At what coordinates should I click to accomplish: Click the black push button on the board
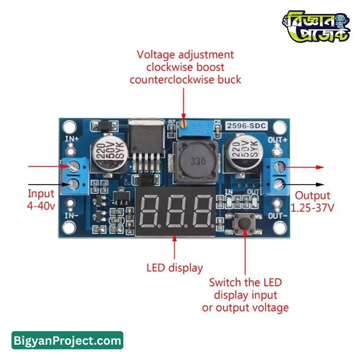click(245, 221)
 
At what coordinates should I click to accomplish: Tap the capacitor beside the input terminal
click(107, 155)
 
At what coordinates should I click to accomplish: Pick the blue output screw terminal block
click(276, 175)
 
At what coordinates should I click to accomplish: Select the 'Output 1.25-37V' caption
click(313, 202)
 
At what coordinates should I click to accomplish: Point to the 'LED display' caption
click(175, 268)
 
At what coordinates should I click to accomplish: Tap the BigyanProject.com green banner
click(67, 341)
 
